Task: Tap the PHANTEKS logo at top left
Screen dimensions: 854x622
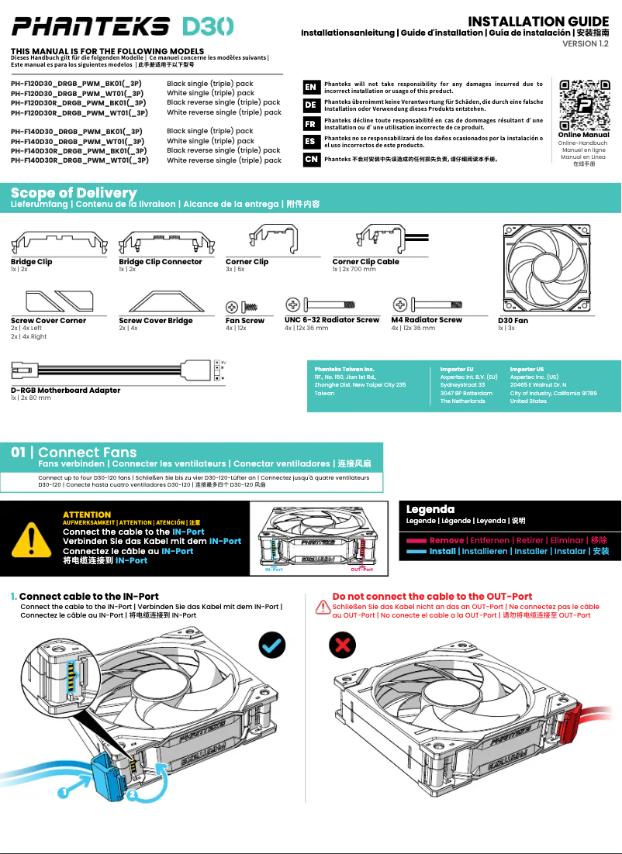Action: pyautogui.click(x=90, y=27)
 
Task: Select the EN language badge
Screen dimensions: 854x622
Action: pyautogui.click(x=310, y=88)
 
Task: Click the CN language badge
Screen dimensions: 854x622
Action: pyautogui.click(x=310, y=159)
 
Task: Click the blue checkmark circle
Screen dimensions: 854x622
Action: pyautogui.click(x=272, y=644)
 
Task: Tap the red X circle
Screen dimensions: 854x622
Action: pyautogui.click(x=342, y=644)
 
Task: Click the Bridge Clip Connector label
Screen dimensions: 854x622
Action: pyautogui.click(x=161, y=262)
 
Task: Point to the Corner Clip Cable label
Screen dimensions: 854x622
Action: pyautogui.click(x=365, y=262)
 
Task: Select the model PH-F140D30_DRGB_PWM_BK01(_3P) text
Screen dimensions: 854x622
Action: pyautogui.click(x=77, y=132)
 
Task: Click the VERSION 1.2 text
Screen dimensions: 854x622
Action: pyautogui.click(x=586, y=44)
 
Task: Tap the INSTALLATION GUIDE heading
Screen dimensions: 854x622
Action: pyautogui.click(x=538, y=21)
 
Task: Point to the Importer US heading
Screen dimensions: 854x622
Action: pyautogui.click(x=527, y=370)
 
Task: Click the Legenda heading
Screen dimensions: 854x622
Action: pyautogui.click(x=430, y=509)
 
